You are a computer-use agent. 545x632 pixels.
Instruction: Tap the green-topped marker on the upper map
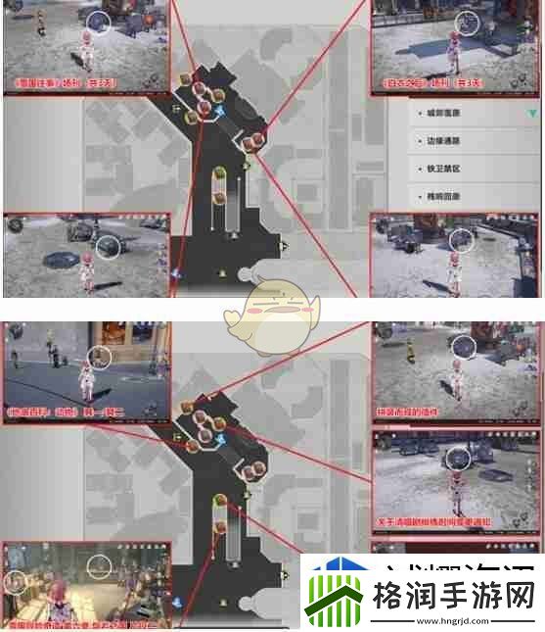click(220, 177)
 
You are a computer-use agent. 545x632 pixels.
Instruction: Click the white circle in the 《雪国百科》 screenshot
click(98, 357)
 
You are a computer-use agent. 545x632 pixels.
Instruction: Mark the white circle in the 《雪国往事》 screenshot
click(98, 22)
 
